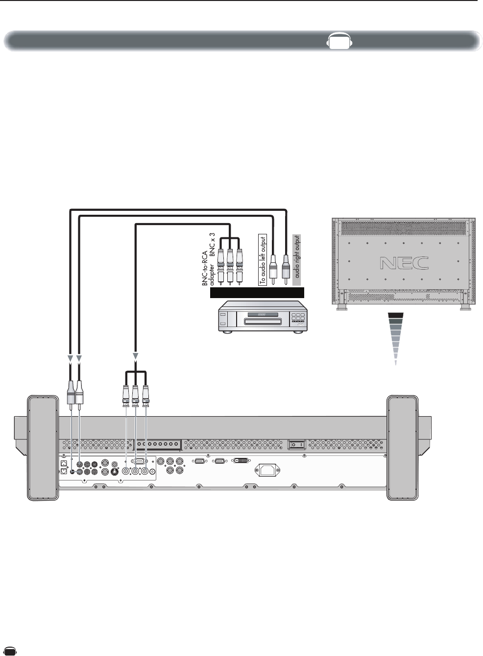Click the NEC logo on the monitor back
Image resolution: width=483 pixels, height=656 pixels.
coord(404,263)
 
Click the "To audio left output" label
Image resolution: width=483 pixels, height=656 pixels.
coord(263,259)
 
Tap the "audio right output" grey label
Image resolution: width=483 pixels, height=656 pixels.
coord(297,260)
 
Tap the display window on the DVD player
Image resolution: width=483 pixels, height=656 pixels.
coord(263,314)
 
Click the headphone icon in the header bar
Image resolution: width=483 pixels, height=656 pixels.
coord(339,40)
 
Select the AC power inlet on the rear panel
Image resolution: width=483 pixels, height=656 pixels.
coord(268,470)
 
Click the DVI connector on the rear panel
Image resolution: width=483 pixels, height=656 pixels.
coord(241,461)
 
